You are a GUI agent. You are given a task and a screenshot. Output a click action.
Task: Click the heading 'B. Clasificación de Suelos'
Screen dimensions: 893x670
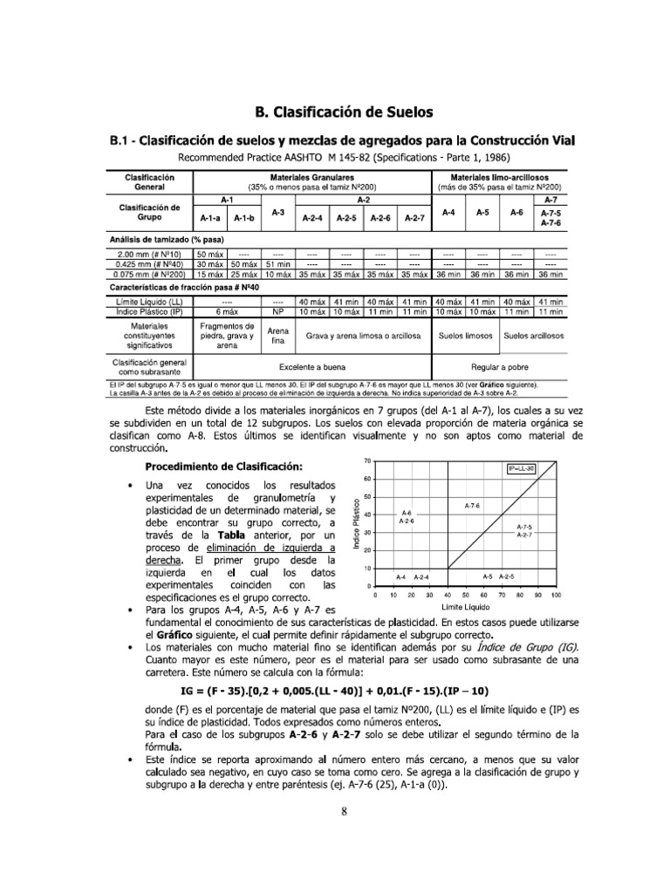pyautogui.click(x=343, y=112)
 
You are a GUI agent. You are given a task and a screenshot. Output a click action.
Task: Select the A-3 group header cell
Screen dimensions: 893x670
pyautogui.click(x=277, y=212)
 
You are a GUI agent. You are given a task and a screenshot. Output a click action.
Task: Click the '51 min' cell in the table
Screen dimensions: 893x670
pyautogui.click(x=277, y=264)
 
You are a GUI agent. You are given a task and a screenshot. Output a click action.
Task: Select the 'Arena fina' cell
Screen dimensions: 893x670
pyautogui.click(x=277, y=336)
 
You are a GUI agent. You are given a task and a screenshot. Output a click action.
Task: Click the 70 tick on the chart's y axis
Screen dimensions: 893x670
pyautogui.click(x=367, y=460)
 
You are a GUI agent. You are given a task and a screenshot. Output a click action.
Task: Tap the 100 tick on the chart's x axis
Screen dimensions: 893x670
pyautogui.click(x=556, y=594)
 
